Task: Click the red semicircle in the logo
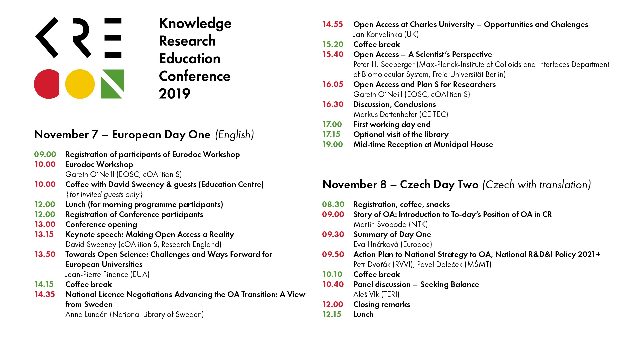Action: tap(47, 84)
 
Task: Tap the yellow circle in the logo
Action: tap(80, 84)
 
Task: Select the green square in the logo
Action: tap(112, 84)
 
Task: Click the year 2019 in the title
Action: tap(174, 94)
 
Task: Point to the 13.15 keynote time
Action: tap(44, 234)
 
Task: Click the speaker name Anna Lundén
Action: tap(87, 314)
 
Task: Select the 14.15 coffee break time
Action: tap(44, 284)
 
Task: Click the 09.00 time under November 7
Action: tap(45, 154)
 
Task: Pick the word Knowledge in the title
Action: tap(195, 23)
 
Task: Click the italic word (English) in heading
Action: tap(234, 135)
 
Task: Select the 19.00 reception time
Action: tap(333, 144)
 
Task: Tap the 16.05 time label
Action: tap(333, 84)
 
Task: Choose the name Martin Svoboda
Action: tap(380, 224)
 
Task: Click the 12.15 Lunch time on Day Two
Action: tap(332, 314)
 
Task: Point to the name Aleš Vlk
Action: tap(366, 294)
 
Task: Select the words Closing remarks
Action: tap(382, 304)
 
